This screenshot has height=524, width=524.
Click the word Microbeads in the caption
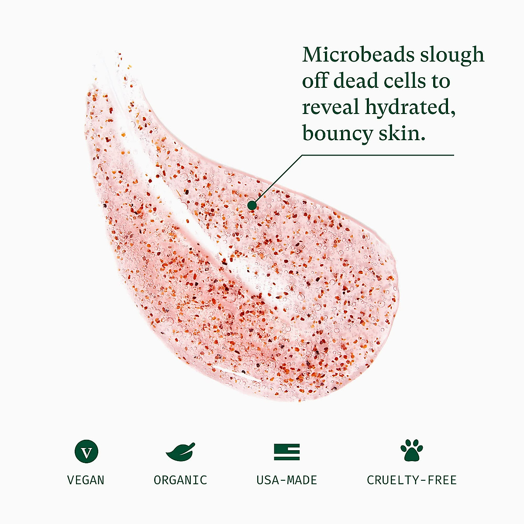click(x=358, y=55)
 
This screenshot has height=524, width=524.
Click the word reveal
click(x=331, y=107)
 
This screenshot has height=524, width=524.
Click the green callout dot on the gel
click(x=252, y=205)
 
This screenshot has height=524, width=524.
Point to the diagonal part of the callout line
click(x=277, y=179)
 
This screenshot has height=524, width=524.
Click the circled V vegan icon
click(x=86, y=452)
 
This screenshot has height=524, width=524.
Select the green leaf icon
click(x=180, y=452)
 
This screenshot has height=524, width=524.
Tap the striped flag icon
click(x=286, y=452)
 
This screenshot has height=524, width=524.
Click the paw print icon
click(x=411, y=451)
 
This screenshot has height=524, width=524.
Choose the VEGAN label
click(x=86, y=480)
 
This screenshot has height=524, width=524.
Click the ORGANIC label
click(x=180, y=480)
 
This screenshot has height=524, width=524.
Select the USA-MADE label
click(x=286, y=480)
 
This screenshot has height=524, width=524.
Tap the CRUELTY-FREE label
click(x=411, y=480)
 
